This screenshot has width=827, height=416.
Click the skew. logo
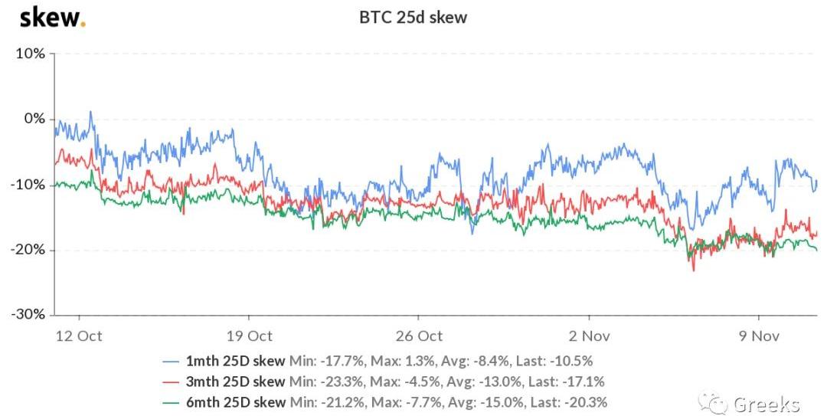coord(52,17)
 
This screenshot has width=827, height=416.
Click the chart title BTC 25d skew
coord(413,18)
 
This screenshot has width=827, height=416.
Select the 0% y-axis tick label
coord(34,119)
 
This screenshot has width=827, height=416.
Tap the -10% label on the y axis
coord(29,185)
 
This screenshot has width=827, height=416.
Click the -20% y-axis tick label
coord(29,250)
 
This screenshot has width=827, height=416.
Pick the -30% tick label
coord(29,315)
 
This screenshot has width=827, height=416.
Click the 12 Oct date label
coord(79,336)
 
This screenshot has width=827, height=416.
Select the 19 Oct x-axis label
coord(249,336)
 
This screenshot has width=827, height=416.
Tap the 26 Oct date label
coord(419,336)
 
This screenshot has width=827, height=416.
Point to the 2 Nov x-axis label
coord(589,336)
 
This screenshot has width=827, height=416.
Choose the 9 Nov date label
coord(758,336)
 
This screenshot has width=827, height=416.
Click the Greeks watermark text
coord(766,405)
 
